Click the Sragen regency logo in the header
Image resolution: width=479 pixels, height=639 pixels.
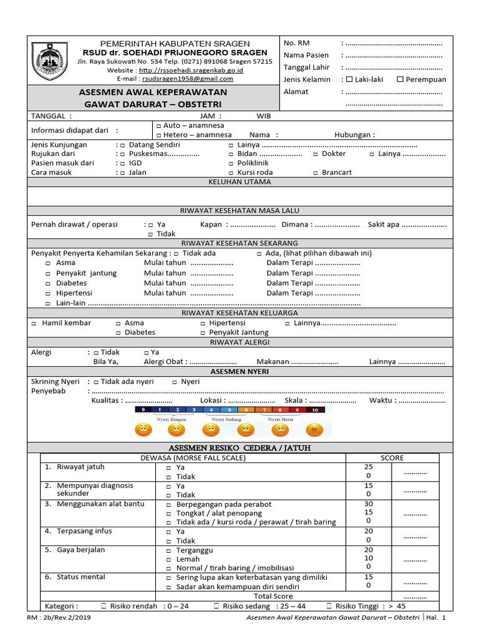(x=46, y=59)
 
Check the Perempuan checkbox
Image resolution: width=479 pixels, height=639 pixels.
(x=400, y=79)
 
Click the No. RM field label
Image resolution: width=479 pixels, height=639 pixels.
(x=296, y=42)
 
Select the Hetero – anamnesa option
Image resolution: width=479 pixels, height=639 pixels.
(x=159, y=135)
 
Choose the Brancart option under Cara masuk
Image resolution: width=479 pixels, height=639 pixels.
(x=316, y=173)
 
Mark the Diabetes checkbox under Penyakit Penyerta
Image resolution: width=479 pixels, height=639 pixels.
(x=48, y=283)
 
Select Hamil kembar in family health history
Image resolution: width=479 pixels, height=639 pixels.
(x=34, y=323)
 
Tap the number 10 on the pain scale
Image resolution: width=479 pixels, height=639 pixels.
(x=315, y=410)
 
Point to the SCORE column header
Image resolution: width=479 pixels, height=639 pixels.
(x=392, y=458)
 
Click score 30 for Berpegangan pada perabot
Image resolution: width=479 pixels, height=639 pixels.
(x=368, y=504)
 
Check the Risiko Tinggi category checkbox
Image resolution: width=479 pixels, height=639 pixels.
(x=329, y=606)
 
